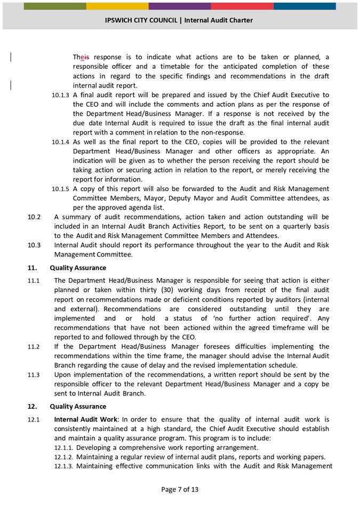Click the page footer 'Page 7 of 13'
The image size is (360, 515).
[179, 489]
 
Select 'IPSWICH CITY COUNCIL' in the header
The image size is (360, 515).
[141, 20]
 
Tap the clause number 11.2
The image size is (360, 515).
[33, 347]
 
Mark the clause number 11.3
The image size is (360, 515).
[33, 375]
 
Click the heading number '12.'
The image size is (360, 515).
[33, 407]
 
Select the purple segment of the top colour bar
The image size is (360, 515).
[180, 6]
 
